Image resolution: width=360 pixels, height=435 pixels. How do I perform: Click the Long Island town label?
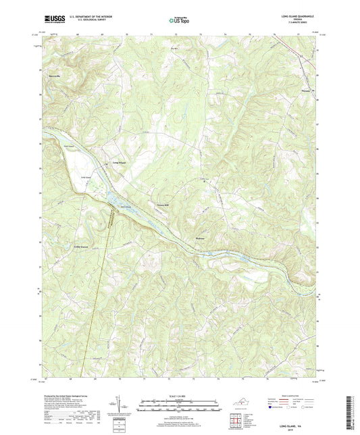pyautogui.click(x=119, y=162)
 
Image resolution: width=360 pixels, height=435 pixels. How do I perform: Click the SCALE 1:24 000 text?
pyautogui.click(x=180, y=396)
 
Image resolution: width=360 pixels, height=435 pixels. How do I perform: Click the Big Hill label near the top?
pyautogui.click(x=177, y=48)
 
